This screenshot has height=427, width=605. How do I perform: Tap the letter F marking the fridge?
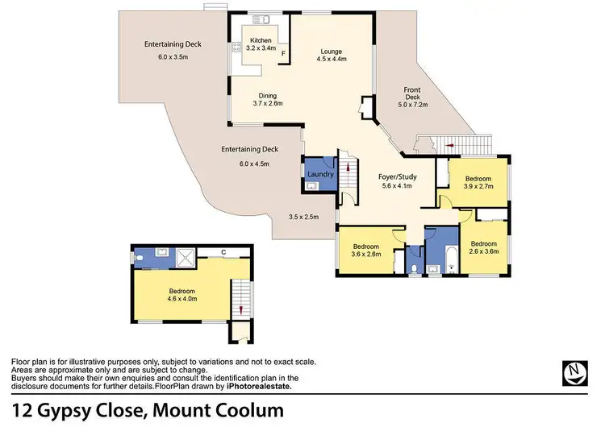(x=283, y=56)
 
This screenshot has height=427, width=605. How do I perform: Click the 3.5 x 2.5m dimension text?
(x=303, y=216)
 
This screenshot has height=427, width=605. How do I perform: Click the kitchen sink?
(x=263, y=21)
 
